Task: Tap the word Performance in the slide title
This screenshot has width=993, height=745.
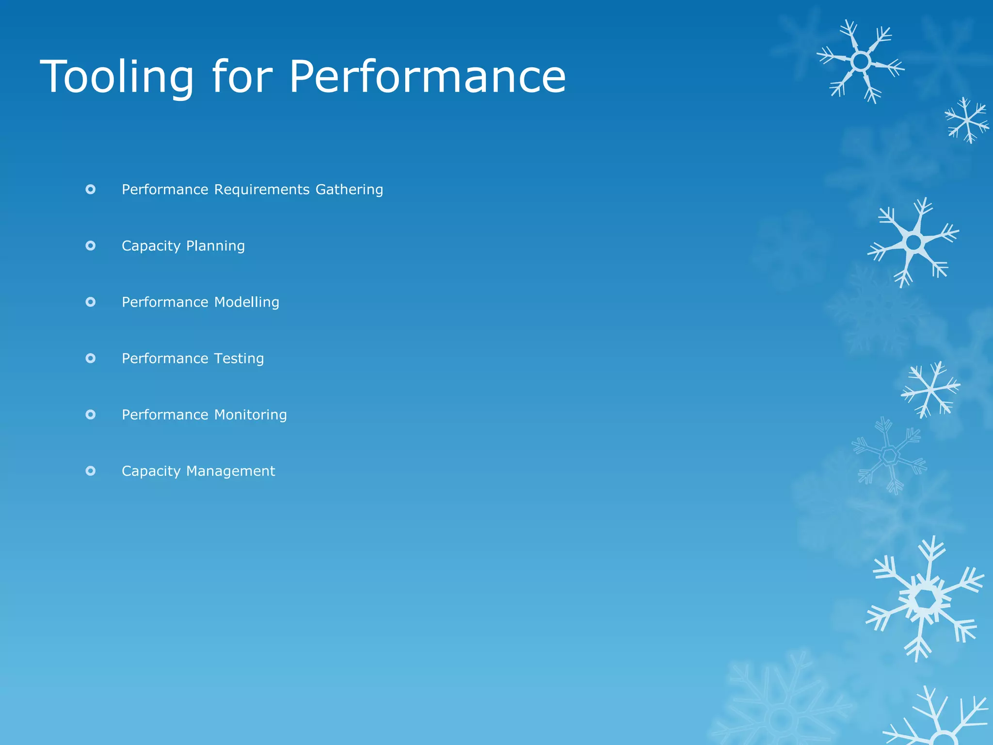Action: coord(427,77)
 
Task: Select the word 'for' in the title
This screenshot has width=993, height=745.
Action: coord(241,77)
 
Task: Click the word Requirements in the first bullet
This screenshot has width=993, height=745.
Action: coord(262,190)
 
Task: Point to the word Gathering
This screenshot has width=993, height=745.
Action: coord(349,190)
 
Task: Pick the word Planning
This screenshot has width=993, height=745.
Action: coord(215,246)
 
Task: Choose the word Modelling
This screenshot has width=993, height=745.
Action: coord(246,302)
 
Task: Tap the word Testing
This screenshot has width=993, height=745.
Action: coord(239,358)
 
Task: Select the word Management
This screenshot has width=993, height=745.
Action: coord(230,471)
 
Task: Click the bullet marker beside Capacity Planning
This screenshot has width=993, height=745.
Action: coord(91,246)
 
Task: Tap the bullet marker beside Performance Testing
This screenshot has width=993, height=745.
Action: coord(91,358)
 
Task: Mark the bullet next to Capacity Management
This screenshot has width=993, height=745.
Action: coord(91,471)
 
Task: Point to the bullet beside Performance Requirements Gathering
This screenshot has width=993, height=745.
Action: coord(91,190)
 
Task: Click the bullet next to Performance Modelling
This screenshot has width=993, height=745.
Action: coord(91,302)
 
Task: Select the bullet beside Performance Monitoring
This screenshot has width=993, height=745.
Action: coord(91,415)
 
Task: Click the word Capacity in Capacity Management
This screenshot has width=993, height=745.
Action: coord(151,471)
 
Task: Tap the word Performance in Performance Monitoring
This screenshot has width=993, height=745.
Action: coord(165,415)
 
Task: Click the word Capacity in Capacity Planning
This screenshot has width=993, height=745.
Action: coord(151,246)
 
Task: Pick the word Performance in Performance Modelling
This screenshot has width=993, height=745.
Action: coord(165,302)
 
